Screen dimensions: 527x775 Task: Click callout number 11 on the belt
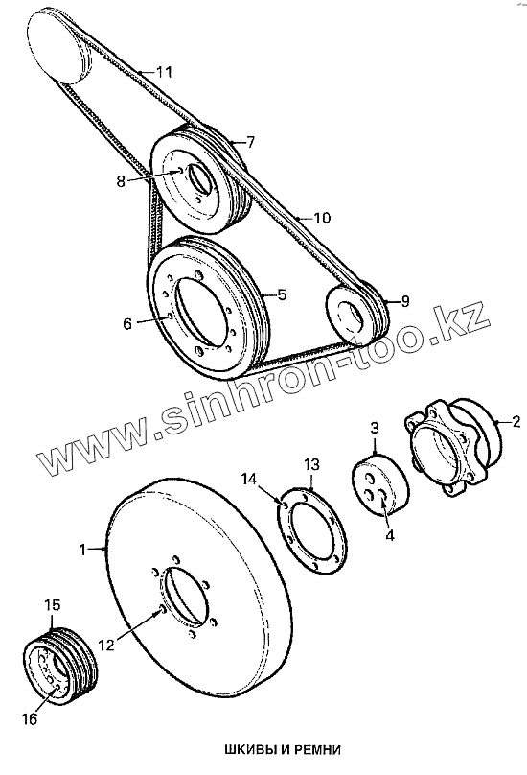164,72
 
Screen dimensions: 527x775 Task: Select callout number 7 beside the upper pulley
250,143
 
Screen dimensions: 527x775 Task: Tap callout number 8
121,181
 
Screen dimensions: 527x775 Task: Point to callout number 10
322,218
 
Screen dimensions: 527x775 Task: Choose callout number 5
282,295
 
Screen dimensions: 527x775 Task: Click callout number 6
127,325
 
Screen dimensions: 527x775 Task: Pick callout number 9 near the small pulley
405,301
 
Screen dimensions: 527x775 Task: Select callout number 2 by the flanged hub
516,422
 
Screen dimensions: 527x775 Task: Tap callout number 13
311,464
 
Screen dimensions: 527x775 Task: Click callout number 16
30,718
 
